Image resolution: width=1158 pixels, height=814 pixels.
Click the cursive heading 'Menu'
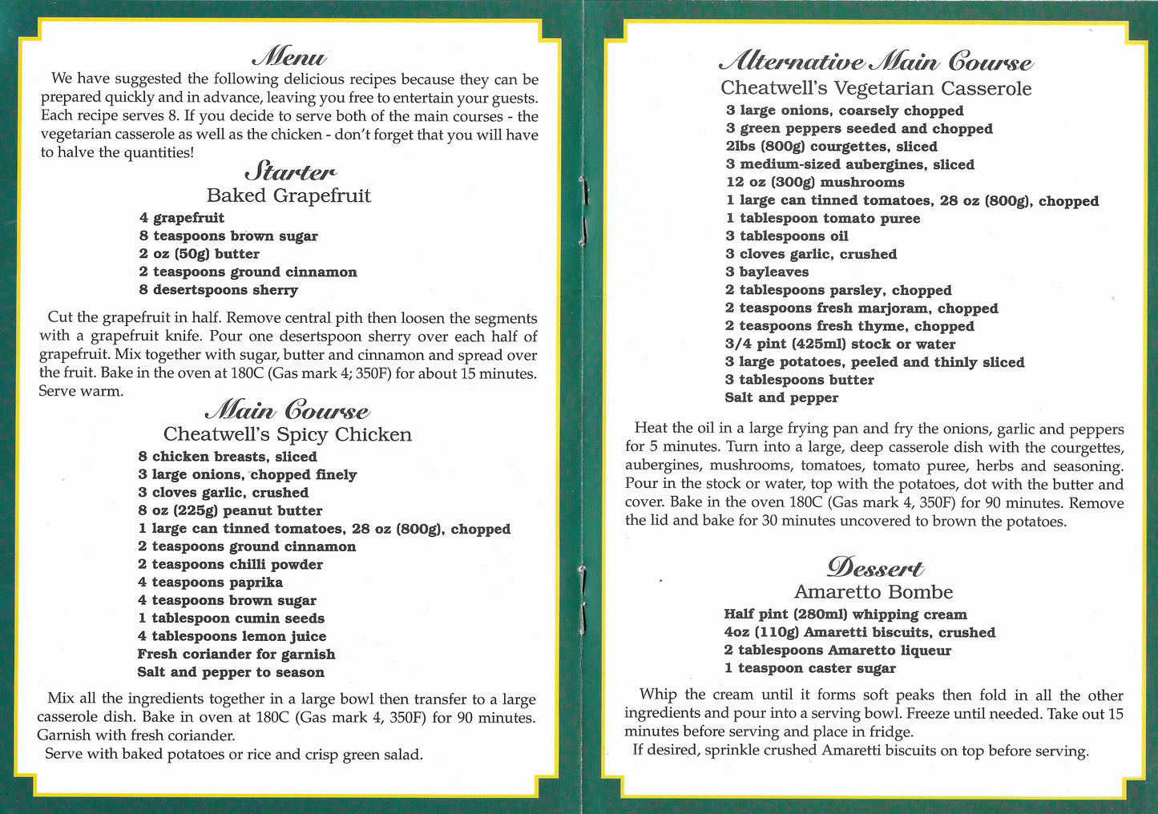tap(289, 58)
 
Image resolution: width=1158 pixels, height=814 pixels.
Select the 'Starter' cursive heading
tap(290, 171)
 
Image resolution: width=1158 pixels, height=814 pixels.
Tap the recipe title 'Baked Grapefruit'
tap(288, 195)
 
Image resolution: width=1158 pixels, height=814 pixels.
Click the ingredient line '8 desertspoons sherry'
tap(218, 290)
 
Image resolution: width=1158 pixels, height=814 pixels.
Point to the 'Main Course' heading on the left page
tap(288, 411)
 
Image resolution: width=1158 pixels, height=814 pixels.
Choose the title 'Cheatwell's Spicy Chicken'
tap(288, 434)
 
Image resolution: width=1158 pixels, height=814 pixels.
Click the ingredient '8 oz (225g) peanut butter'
tap(230, 510)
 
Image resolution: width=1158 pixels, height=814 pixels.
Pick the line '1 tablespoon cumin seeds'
tap(231, 619)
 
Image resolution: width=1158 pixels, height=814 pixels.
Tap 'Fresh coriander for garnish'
tap(236, 655)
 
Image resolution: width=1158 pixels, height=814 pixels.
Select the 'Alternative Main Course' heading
tap(876, 62)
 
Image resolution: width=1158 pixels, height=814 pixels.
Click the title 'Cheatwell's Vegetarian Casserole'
tap(876, 88)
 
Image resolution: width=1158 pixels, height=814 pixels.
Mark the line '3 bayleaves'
tap(767, 272)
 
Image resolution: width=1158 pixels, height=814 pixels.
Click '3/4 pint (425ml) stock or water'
tap(840, 345)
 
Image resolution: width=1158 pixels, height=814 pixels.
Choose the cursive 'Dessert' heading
tap(874, 568)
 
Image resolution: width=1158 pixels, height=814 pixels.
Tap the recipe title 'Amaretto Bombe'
tap(874, 592)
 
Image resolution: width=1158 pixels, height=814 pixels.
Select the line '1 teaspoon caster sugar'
tap(809, 668)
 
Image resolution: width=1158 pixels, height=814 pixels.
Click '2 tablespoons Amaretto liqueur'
tap(837, 651)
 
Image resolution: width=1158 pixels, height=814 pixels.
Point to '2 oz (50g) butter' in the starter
tap(199, 254)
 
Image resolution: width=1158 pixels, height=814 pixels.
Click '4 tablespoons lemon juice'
tap(232, 636)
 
